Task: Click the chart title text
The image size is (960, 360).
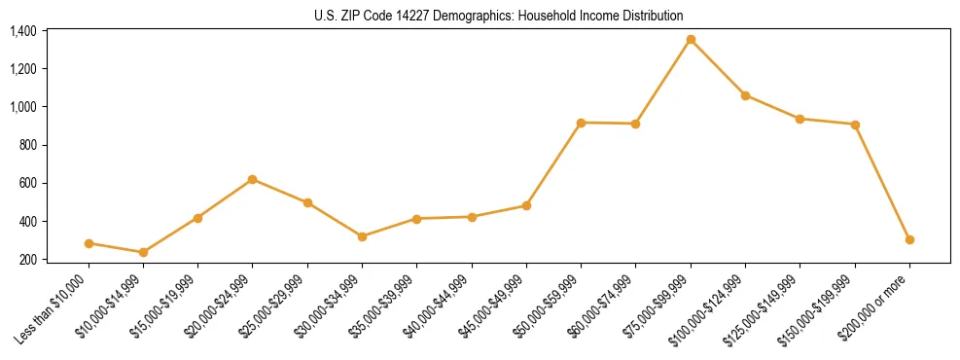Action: (499, 16)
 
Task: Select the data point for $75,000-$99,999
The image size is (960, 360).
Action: (691, 39)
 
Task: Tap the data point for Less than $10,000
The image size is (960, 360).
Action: (89, 243)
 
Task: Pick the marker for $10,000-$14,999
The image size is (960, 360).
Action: (143, 252)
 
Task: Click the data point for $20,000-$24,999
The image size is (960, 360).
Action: (253, 179)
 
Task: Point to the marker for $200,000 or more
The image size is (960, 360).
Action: (909, 239)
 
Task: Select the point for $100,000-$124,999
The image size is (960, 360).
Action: (745, 95)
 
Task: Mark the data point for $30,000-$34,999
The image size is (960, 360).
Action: (362, 236)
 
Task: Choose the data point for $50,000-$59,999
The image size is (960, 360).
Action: (581, 123)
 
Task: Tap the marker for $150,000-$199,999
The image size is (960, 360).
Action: (855, 125)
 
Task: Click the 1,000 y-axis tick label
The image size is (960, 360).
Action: (23, 107)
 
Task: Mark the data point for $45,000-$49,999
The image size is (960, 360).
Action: (526, 205)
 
